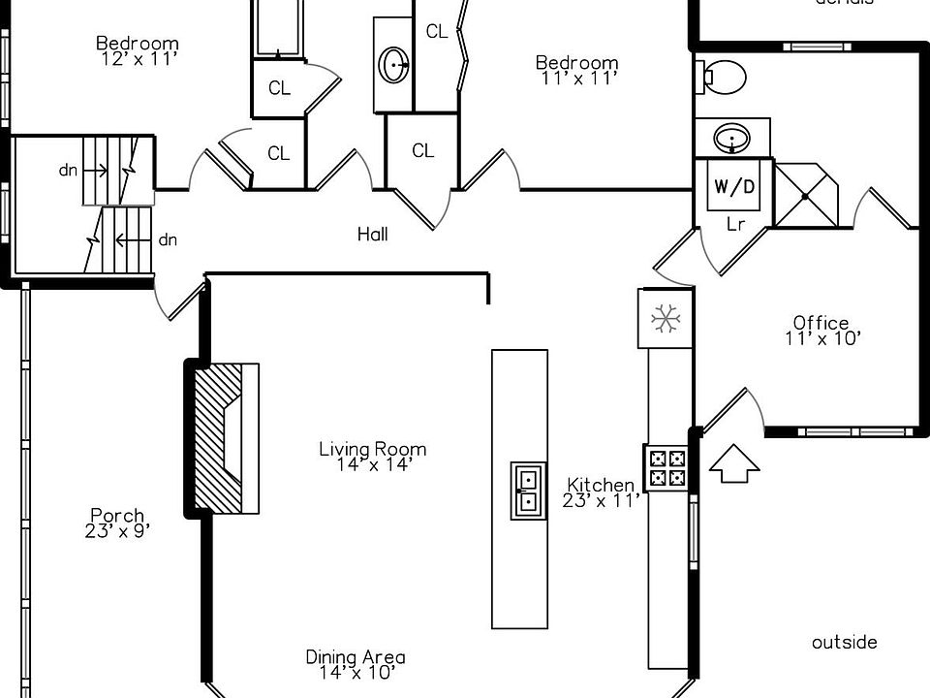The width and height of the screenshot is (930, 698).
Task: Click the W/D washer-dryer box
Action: (733, 186)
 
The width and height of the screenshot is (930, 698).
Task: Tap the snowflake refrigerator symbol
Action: (665, 318)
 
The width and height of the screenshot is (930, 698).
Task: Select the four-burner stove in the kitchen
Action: (666, 467)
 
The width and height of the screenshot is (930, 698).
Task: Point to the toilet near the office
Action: (722, 76)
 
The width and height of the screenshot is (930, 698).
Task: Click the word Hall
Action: (372, 234)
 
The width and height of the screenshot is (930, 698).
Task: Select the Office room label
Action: (821, 323)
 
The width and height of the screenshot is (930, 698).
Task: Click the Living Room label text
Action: (372, 449)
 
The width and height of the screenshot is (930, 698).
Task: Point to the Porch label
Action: (117, 516)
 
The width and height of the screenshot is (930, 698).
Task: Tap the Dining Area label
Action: (356, 657)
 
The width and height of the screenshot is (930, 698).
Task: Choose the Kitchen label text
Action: (601, 485)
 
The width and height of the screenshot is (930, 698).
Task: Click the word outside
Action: (844, 642)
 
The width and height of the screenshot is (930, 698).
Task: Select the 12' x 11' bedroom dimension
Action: (139, 58)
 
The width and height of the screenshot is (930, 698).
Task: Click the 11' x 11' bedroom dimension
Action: (577, 79)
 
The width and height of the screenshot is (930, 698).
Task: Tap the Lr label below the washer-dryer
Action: (735, 223)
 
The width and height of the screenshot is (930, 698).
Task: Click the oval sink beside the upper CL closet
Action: (394, 65)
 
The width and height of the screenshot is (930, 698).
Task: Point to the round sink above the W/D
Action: (732, 138)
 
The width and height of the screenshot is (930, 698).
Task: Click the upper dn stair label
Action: (68, 171)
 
